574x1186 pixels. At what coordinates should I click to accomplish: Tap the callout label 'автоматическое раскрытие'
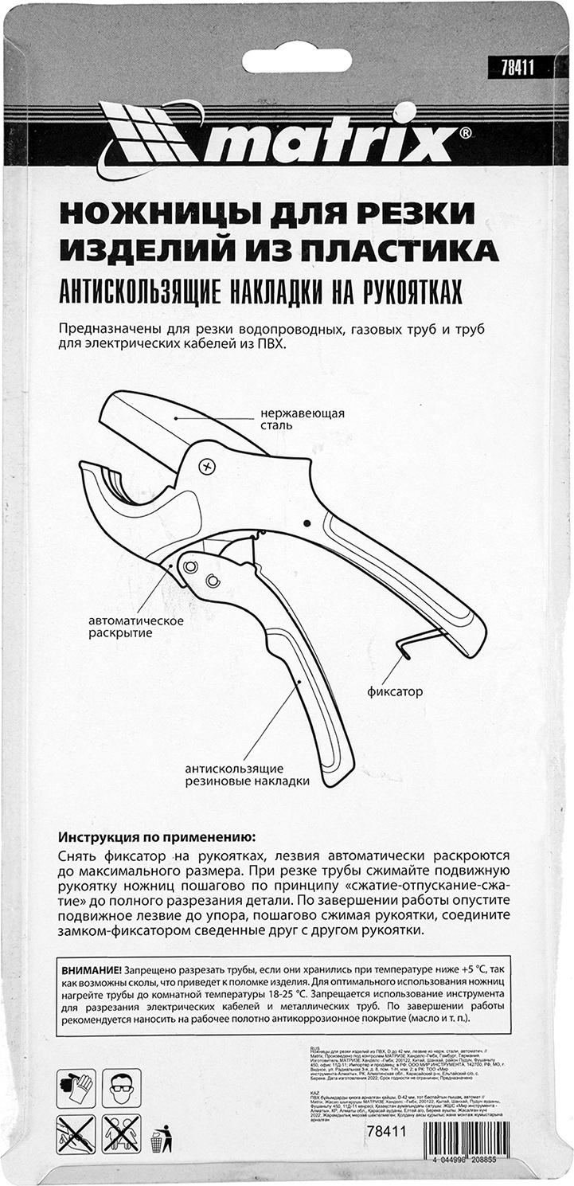136,627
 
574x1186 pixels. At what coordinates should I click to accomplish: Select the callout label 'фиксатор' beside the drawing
395,691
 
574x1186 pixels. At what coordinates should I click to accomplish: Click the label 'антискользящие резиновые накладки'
247,775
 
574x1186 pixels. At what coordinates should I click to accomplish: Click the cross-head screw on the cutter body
209,465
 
